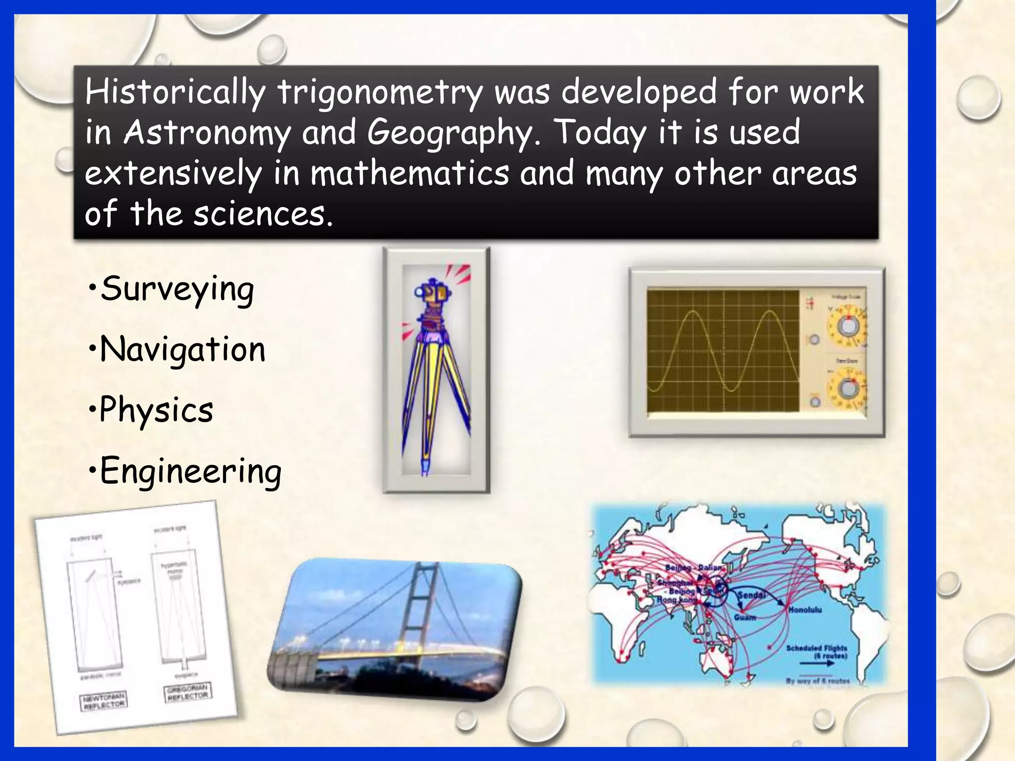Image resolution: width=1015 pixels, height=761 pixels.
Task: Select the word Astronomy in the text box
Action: [207, 133]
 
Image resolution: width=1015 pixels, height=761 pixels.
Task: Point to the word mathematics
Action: [409, 174]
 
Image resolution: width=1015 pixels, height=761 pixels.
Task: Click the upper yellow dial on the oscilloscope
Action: [848, 326]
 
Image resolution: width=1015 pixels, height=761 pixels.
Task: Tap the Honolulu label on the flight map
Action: [805, 610]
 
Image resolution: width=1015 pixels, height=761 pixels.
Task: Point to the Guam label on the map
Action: [745, 617]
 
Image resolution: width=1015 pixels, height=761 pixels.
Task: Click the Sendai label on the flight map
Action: [752, 595]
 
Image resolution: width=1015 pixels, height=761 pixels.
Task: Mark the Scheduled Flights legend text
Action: [817, 652]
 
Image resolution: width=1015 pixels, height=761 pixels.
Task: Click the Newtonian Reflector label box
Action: [104, 701]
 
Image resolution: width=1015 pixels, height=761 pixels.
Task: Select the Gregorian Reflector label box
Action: [187, 692]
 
